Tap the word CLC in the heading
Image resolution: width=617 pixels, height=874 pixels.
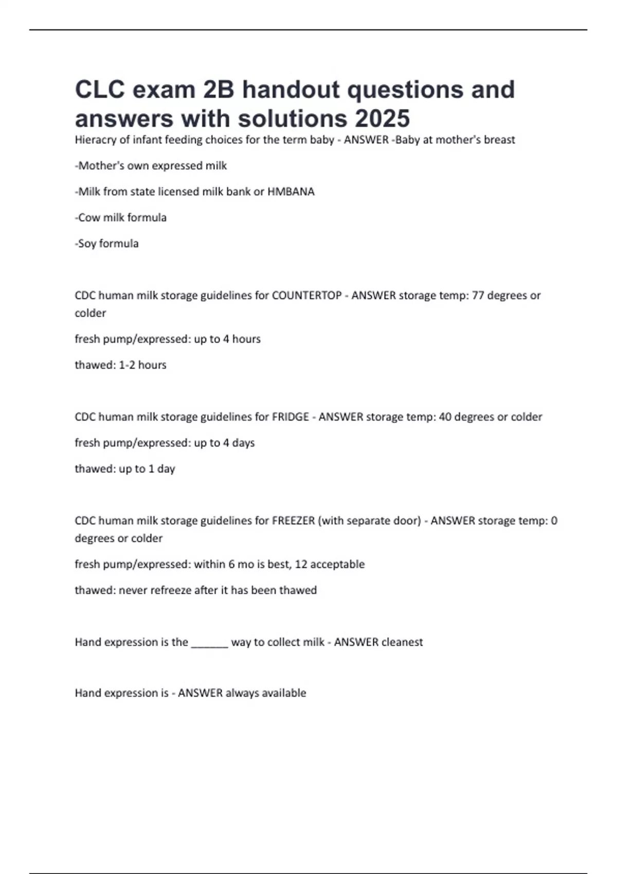coord(100,89)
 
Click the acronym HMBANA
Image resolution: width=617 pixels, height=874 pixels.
coord(291,192)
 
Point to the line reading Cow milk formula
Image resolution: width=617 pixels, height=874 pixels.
coord(121,217)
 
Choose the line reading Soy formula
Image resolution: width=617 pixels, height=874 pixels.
coord(107,244)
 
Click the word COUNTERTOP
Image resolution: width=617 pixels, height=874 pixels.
coord(306,296)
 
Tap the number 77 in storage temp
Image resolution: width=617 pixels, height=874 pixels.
coord(478,296)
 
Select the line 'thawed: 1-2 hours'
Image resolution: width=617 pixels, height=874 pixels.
coord(121,365)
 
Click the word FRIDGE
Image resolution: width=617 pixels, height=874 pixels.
coord(291,417)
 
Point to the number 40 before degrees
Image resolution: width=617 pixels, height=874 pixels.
coord(445,417)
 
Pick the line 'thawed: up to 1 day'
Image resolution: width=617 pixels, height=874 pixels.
coord(125,469)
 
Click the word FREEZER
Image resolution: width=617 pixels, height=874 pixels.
coord(293,521)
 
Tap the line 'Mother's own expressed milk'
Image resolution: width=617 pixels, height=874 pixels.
coord(151,166)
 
